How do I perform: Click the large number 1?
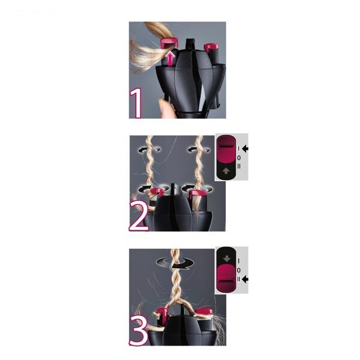136,103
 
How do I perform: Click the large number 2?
139,216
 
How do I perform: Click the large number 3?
139,330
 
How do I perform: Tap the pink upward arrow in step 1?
170,59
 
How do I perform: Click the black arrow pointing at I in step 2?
245,149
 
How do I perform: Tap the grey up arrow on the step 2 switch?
226,171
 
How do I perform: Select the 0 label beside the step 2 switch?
239,158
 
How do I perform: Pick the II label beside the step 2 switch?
239,166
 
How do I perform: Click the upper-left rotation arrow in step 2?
149,150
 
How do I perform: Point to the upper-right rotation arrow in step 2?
199,150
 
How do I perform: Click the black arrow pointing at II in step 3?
245,279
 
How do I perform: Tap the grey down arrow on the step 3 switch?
227,258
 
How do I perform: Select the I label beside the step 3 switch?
239,260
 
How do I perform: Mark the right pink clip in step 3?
203,312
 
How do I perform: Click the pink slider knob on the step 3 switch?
226,278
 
